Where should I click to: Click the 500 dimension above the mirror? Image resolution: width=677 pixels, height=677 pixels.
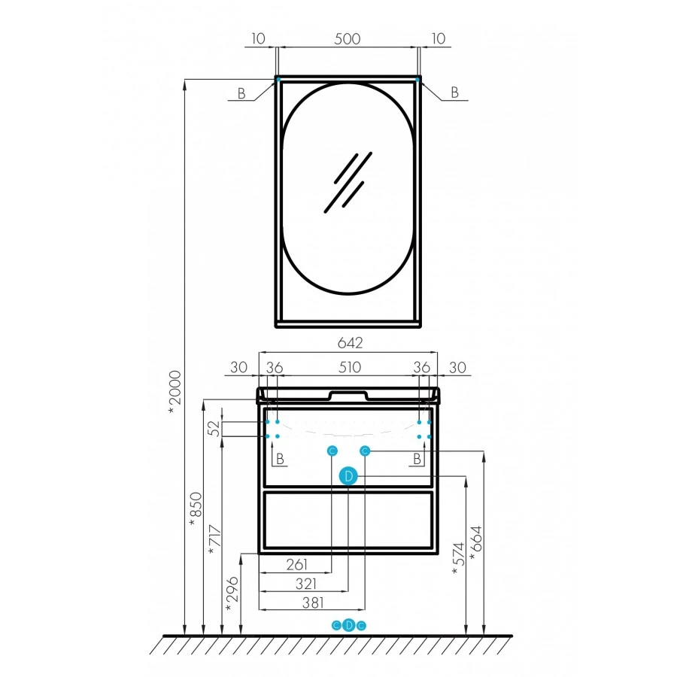(x=347, y=39)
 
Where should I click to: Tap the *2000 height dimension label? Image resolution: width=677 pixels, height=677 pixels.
(x=175, y=392)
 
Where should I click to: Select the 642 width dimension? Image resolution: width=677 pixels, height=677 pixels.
(x=350, y=343)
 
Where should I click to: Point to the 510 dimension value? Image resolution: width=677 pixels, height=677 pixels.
(x=349, y=367)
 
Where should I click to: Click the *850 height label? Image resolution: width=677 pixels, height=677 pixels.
(x=196, y=509)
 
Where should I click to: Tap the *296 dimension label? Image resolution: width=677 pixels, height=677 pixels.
(x=232, y=594)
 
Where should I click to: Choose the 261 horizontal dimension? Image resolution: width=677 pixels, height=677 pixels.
(x=296, y=564)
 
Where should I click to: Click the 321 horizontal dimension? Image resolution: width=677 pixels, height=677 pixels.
(x=306, y=584)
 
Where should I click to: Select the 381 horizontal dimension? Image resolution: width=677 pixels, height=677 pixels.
(x=313, y=603)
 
